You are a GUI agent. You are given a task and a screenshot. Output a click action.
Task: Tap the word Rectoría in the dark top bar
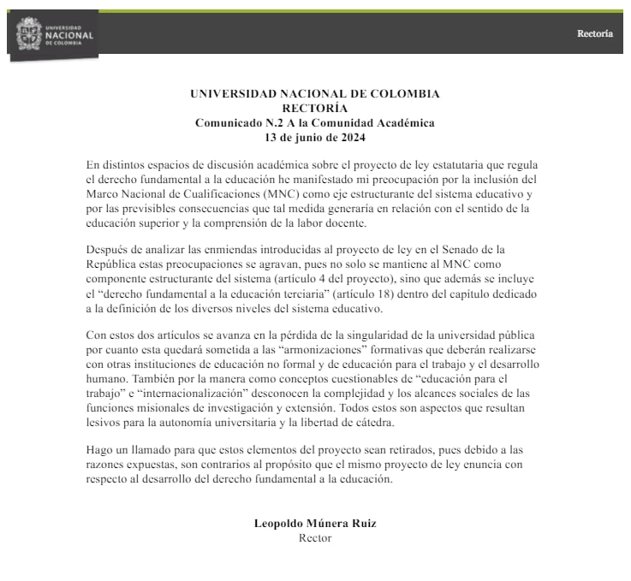coord(594,34)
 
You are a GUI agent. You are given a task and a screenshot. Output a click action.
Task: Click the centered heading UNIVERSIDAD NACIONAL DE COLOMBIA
coord(314,93)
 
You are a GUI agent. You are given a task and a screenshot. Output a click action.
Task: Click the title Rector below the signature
coord(314,538)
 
